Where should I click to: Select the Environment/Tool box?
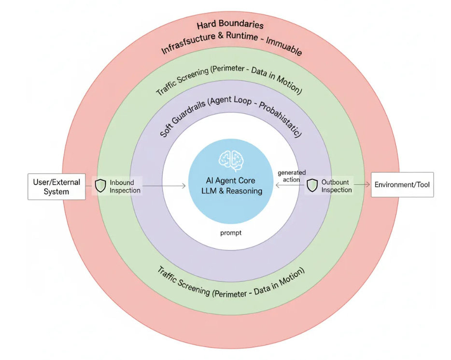[402, 185]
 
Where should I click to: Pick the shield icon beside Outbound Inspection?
[312, 186]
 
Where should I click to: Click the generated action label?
[291, 176]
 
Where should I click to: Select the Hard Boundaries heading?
[230, 25]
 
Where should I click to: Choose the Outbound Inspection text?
[337, 186]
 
